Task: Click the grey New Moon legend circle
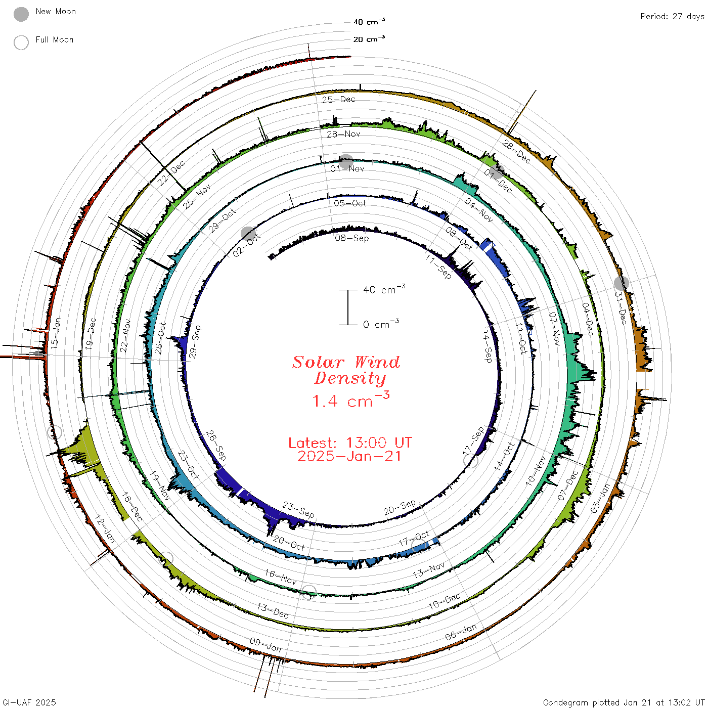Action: (21, 14)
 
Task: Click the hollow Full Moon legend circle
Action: (21, 42)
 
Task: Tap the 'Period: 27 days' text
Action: (673, 17)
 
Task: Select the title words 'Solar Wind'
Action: (346, 362)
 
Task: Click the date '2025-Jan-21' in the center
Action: (349, 456)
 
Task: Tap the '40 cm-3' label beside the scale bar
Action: (384, 289)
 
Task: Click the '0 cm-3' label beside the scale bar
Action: (381, 324)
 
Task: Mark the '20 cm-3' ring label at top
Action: (369, 38)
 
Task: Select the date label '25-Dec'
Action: (339, 100)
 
